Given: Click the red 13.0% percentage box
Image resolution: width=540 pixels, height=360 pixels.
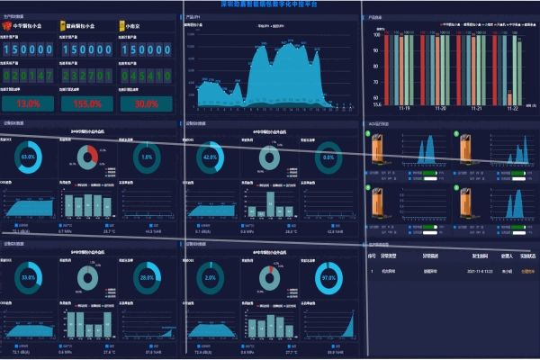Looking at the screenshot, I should tap(29, 103).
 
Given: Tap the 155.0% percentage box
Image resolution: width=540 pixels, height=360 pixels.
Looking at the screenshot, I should tap(86, 103).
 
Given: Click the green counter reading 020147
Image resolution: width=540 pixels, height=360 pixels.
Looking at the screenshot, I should tap(30, 76).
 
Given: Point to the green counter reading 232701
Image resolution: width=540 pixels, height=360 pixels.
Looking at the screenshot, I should tap(87, 76).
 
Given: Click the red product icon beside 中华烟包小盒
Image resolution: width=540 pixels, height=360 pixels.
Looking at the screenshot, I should tap(7, 26).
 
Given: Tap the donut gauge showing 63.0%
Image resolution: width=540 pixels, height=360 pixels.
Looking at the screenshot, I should tap(29, 157).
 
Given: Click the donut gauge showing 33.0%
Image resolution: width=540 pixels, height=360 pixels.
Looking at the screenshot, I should tap(29, 278).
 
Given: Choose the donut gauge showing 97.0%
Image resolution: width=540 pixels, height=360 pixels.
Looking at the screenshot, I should tap(328, 278).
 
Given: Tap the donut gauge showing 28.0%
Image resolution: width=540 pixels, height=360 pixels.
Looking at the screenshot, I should tap(148, 278).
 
